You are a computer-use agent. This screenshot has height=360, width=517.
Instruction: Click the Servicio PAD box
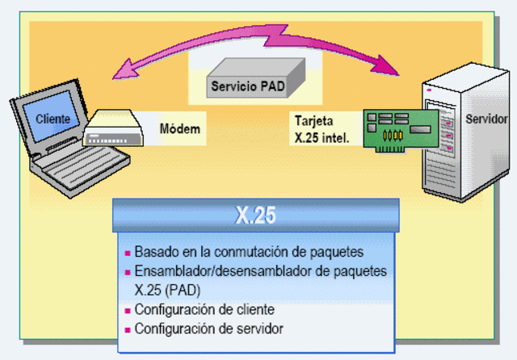[247, 84]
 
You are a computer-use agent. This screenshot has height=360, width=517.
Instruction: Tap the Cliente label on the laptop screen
[53, 119]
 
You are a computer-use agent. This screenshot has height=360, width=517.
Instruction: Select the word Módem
[179, 128]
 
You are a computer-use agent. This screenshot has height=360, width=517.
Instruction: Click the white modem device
[116, 129]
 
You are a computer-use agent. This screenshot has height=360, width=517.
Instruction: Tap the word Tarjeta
[311, 122]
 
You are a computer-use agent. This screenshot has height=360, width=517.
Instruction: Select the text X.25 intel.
[322, 137]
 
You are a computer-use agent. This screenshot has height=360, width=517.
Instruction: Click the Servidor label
[487, 119]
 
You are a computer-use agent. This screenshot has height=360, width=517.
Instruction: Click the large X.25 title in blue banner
[256, 216]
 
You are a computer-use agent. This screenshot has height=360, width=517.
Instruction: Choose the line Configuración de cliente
[204, 309]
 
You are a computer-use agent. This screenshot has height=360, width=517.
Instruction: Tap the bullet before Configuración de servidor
[127, 329]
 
